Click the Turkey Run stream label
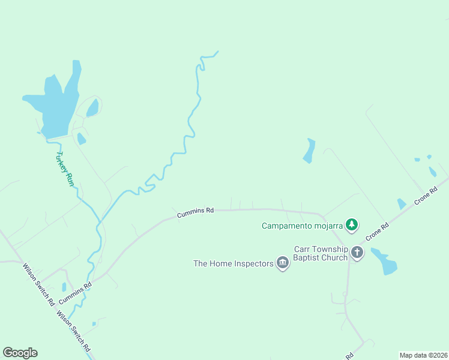click(x=65, y=168)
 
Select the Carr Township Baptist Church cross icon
click(x=357, y=252)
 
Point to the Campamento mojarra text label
click(x=302, y=226)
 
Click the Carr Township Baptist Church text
click(x=321, y=253)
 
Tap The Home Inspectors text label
click(x=234, y=263)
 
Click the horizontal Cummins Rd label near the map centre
click(x=196, y=211)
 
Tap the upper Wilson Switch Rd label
click(x=39, y=285)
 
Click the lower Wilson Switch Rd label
click(x=74, y=331)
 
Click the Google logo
click(x=20, y=353)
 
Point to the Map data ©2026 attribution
click(x=423, y=355)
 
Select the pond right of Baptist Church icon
click(x=384, y=262)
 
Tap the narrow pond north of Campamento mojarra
click(x=309, y=151)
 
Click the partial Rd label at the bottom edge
click(x=348, y=355)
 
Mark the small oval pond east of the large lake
click(x=92, y=108)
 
